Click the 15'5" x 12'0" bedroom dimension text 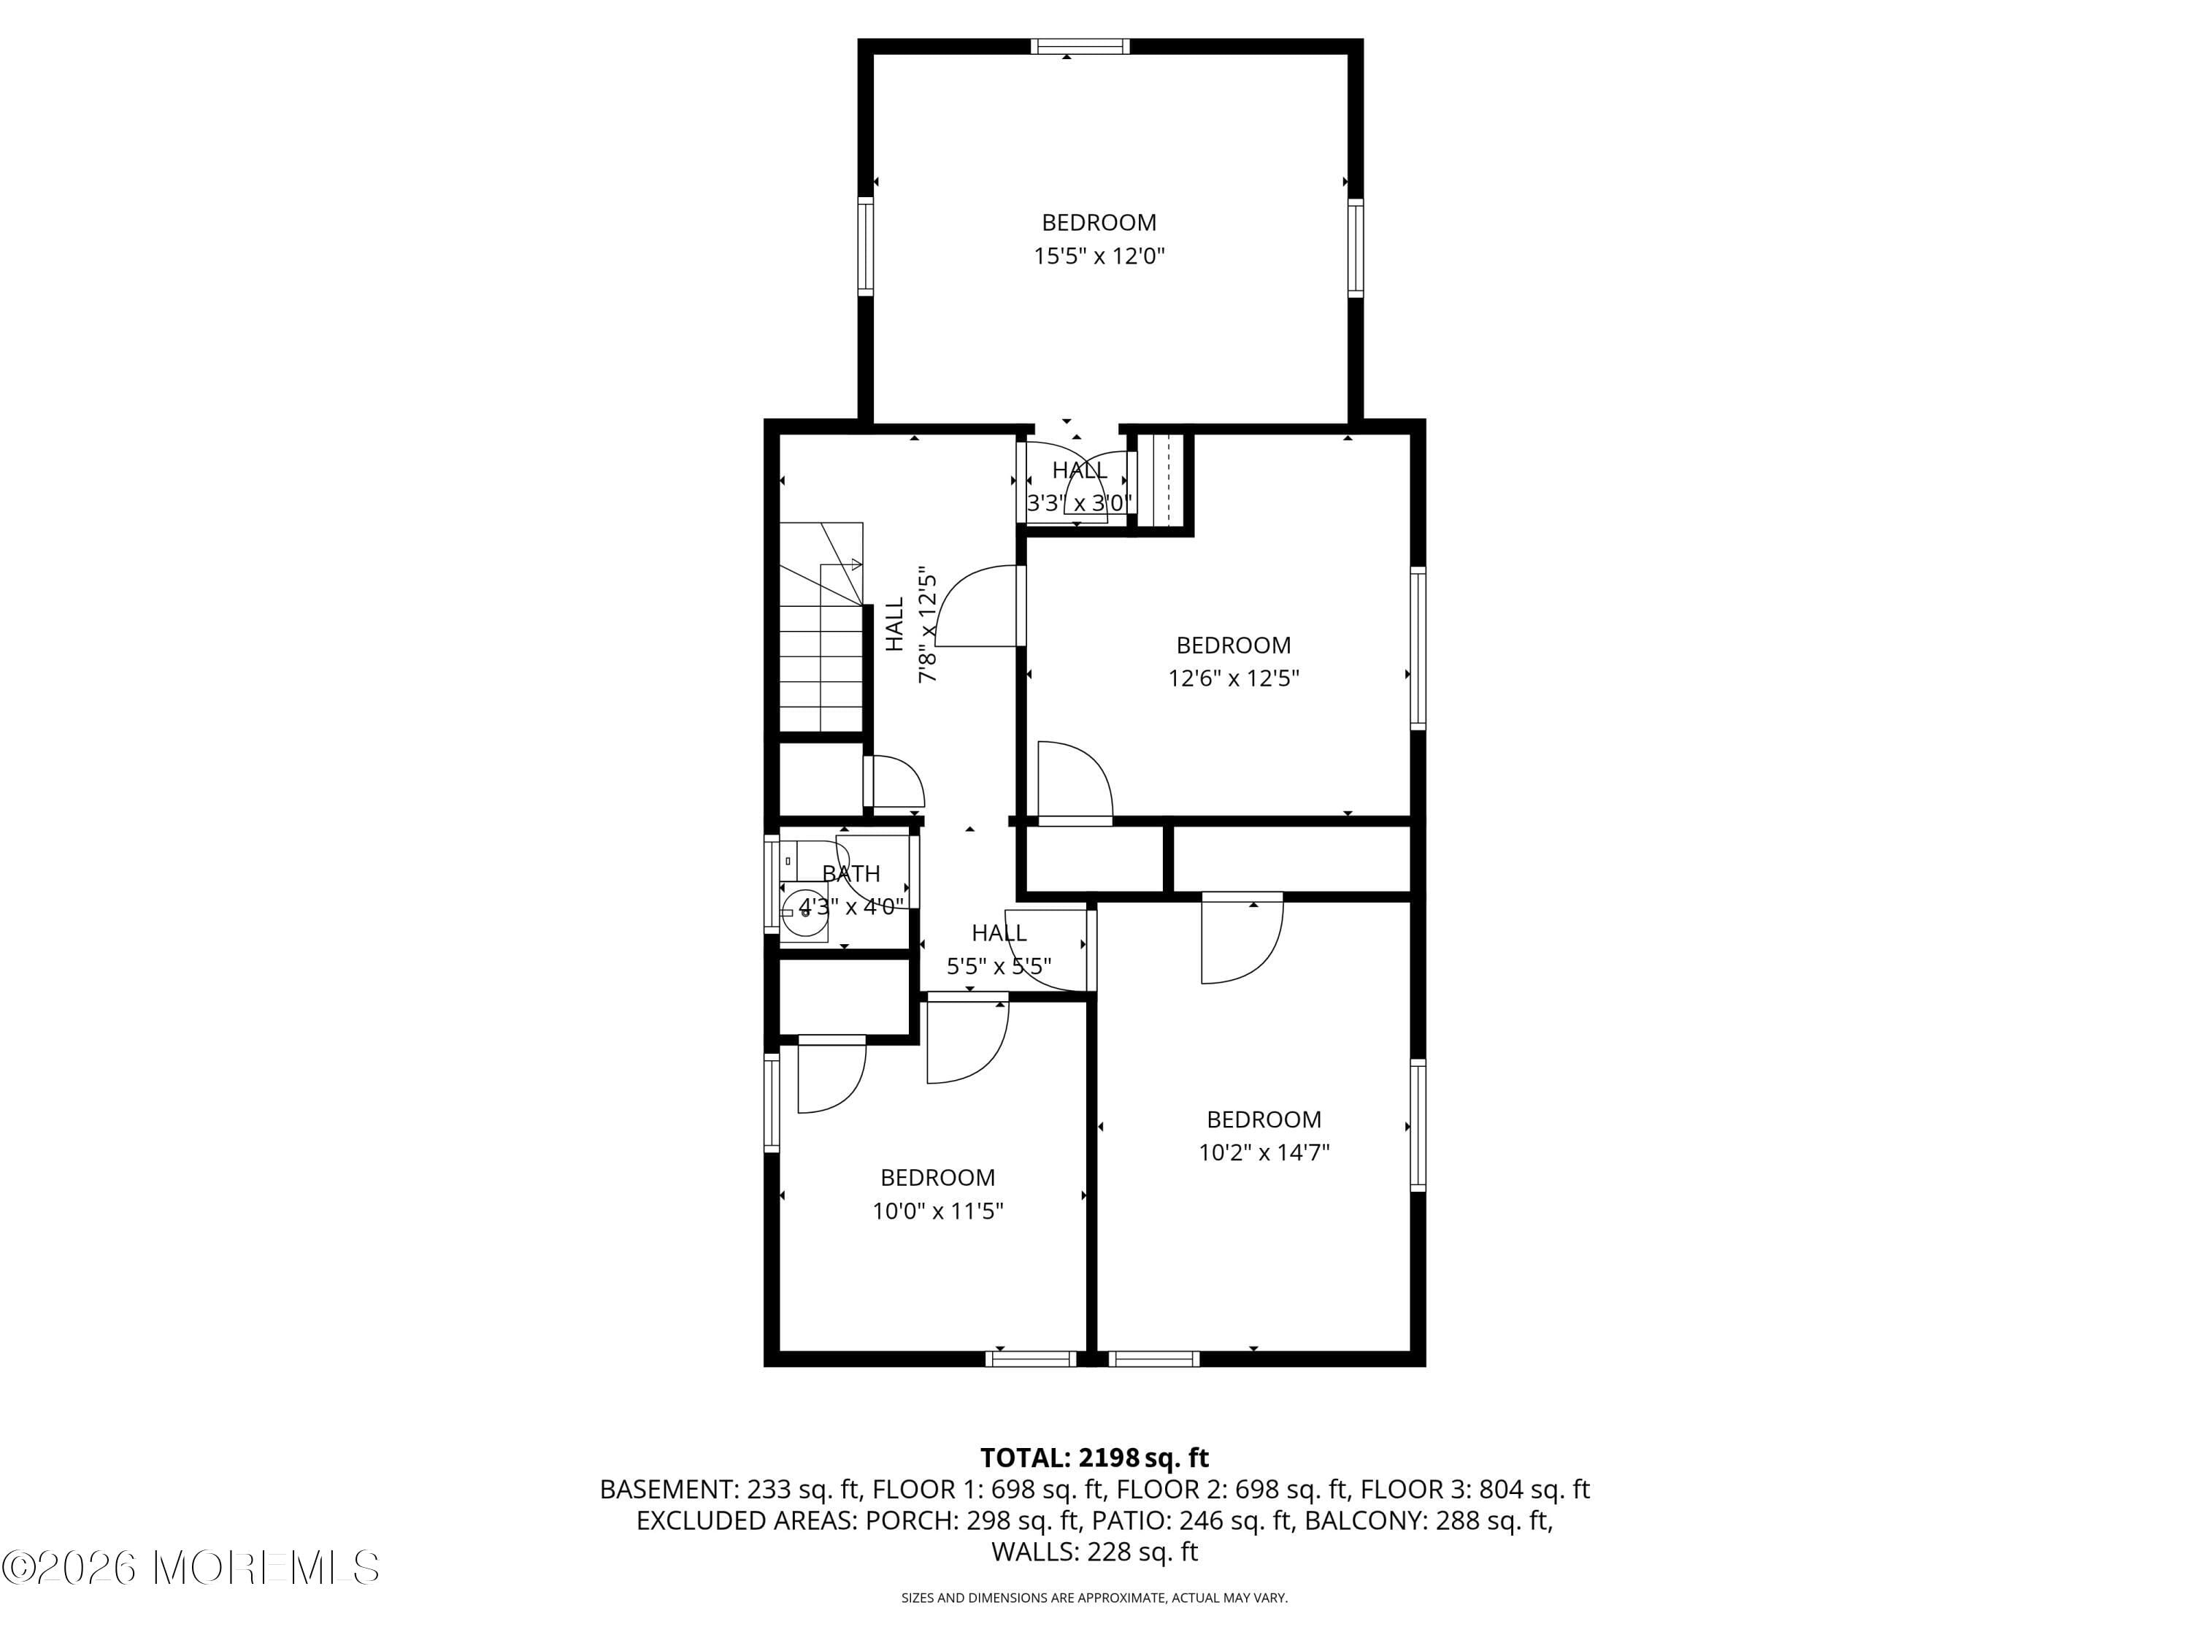1099,256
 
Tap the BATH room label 850,873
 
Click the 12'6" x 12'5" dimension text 1233,678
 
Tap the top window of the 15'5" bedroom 1079,45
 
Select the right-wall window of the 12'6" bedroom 1418,648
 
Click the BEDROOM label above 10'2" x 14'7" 1264,1119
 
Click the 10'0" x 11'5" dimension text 937,1210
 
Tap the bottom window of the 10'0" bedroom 1031,1359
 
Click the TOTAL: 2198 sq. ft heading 1094,1458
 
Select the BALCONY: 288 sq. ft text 1428,1520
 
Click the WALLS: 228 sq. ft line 1094,1552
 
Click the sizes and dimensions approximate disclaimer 1094,1598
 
